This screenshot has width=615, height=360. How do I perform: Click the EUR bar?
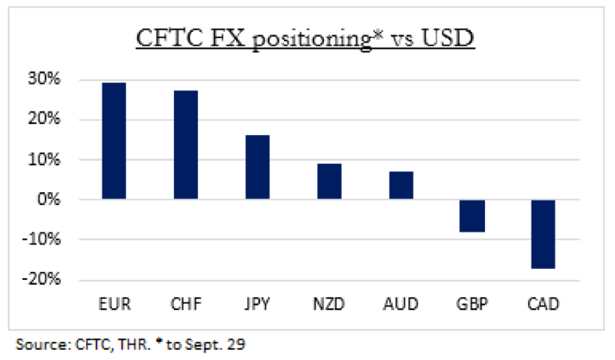(x=114, y=141)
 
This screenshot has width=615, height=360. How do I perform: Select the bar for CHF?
(x=186, y=145)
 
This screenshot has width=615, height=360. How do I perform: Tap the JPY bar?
(x=258, y=167)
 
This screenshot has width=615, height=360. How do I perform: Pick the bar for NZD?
(x=329, y=181)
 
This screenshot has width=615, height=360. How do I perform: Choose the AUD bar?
(x=401, y=185)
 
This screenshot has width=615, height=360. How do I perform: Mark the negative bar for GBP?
(x=472, y=215)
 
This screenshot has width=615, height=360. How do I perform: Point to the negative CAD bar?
(x=544, y=233)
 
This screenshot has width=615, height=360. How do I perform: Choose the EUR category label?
(x=114, y=303)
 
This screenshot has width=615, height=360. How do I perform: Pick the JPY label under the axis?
(x=258, y=303)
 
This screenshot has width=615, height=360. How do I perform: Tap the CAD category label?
(x=544, y=303)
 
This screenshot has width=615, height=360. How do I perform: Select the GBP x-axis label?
(x=472, y=303)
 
